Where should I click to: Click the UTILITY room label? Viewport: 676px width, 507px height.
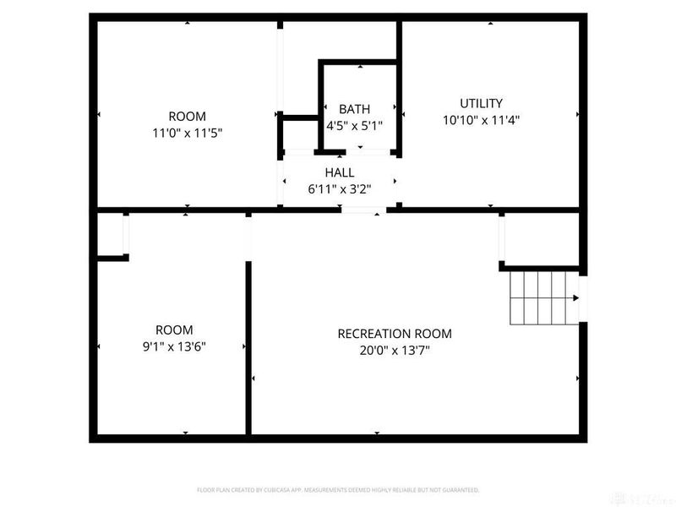pyautogui.click(x=481, y=103)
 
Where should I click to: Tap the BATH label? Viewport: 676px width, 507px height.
pyautogui.click(x=354, y=109)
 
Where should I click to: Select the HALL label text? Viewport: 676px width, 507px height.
pyautogui.click(x=339, y=172)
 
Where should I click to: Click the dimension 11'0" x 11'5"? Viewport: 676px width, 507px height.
pyautogui.click(x=187, y=133)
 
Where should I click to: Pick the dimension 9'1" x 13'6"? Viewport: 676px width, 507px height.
pyautogui.click(x=174, y=346)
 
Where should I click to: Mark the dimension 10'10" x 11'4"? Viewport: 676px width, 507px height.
pyautogui.click(x=481, y=120)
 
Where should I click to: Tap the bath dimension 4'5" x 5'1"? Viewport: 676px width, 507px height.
pyautogui.click(x=355, y=125)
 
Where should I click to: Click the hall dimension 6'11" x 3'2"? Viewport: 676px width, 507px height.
pyautogui.click(x=339, y=188)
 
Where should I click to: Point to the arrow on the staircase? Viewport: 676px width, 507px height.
pyautogui.click(x=575, y=297)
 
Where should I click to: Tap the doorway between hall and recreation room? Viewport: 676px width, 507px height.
pyautogui.click(x=364, y=209)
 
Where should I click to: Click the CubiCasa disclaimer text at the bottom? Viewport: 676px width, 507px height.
pyautogui.click(x=338, y=489)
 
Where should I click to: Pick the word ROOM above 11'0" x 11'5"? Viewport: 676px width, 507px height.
pyautogui.click(x=187, y=116)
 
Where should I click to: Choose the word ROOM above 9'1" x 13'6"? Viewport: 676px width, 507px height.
pyautogui.click(x=174, y=330)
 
